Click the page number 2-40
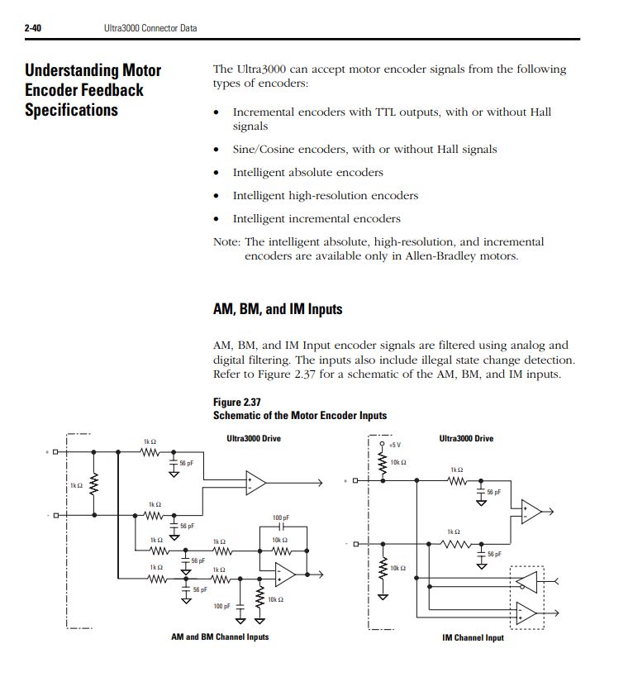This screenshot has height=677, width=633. point(33,28)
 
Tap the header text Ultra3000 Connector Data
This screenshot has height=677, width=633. point(150,28)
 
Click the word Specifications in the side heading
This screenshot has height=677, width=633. point(71,110)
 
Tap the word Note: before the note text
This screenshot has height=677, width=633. point(226,241)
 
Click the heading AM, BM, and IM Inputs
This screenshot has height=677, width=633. point(278,309)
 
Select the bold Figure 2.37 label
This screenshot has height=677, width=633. point(237,403)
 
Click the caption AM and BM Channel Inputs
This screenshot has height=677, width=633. point(220,636)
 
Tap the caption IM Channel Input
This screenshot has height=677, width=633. point(473,637)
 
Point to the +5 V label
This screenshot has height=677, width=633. point(395,446)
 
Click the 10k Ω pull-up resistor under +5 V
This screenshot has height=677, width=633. point(383,463)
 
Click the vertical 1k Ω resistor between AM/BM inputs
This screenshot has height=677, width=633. point(94,484)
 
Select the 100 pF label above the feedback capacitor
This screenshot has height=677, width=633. point(281,517)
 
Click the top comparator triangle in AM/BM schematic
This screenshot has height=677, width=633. point(255,483)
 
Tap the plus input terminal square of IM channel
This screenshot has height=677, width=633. point(355,480)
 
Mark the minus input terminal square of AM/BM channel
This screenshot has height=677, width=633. point(55,516)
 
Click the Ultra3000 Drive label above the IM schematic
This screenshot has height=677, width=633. point(466,439)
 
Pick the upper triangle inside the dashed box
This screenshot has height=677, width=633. point(527,583)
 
